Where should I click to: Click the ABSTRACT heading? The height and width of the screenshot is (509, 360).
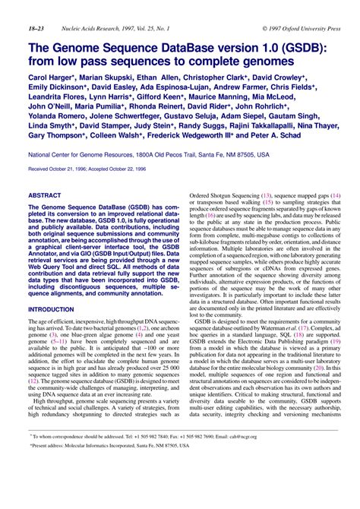[46, 196]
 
